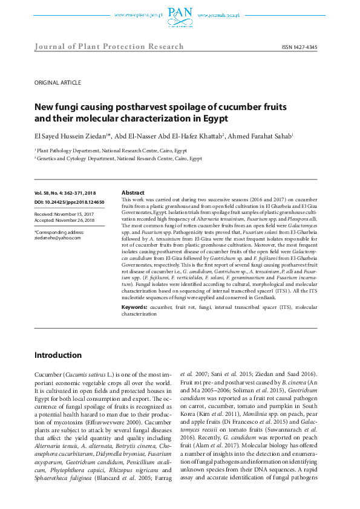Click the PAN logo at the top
180,13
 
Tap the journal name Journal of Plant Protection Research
110,47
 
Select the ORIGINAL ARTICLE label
57,82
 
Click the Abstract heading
133,192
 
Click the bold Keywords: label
135,307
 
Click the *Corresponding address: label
59,232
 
